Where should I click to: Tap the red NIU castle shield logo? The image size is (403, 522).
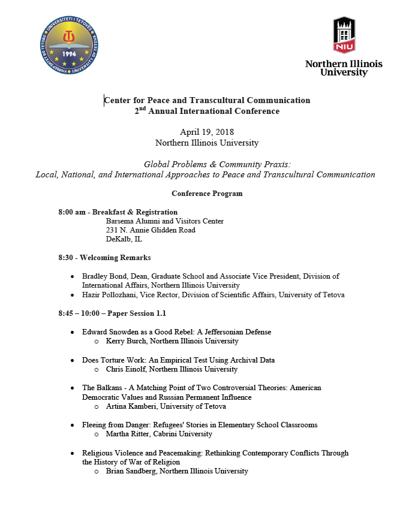344,35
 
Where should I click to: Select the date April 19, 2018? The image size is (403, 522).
207,132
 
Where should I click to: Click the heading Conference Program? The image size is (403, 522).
207,194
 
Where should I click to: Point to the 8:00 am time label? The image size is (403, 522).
72,212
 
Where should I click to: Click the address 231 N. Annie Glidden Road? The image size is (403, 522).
151,230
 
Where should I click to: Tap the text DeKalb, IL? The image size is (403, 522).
124,239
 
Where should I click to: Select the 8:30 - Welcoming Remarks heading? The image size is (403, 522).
104,258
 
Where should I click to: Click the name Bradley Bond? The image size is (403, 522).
105,276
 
